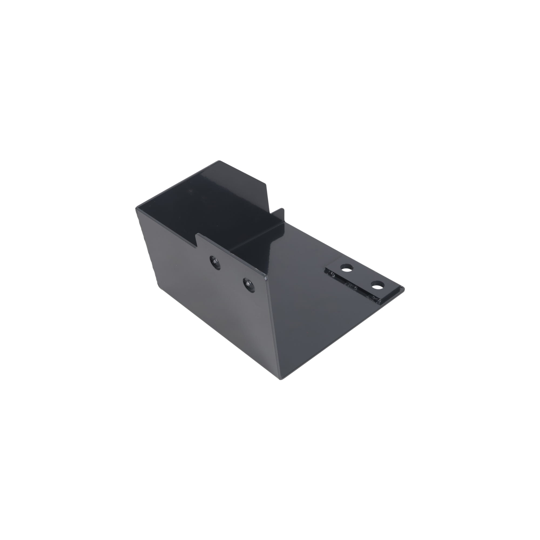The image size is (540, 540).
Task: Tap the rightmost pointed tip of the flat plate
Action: (403, 288)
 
